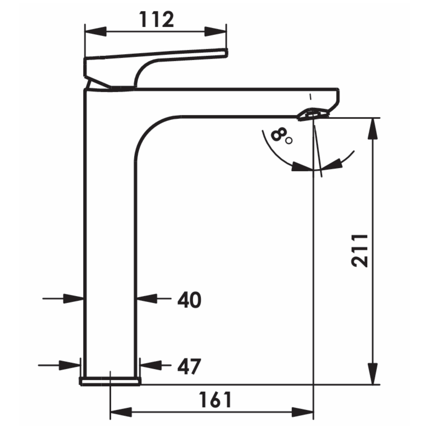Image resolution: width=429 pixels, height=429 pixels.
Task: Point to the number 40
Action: click(x=189, y=300)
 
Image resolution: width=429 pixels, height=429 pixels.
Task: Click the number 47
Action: click(x=189, y=366)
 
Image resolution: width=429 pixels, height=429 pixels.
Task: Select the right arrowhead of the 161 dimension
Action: click(x=303, y=412)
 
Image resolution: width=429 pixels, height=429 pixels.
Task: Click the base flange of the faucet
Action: click(x=110, y=381)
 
